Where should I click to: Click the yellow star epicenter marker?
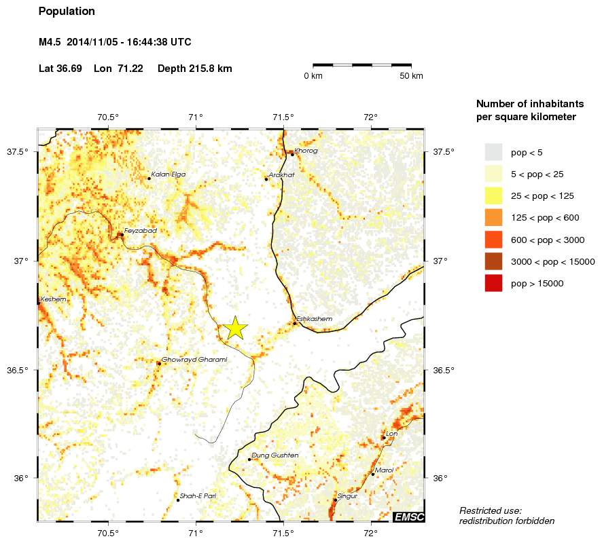point(235,328)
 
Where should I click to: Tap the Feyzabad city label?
point(140,231)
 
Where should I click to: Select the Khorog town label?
point(306,151)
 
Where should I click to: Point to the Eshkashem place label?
point(315,319)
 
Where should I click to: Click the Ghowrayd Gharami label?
point(194,360)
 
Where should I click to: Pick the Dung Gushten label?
point(275,455)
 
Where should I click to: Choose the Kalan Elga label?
point(168,174)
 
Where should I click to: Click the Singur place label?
point(347,496)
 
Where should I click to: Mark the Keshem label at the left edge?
point(54,299)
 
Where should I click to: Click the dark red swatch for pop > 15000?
point(493,283)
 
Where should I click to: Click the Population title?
point(67,12)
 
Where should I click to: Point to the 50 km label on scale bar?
point(412,76)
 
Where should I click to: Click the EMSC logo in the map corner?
point(409,517)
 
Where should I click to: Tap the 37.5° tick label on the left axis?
point(17,151)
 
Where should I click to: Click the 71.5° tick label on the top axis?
point(283,117)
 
